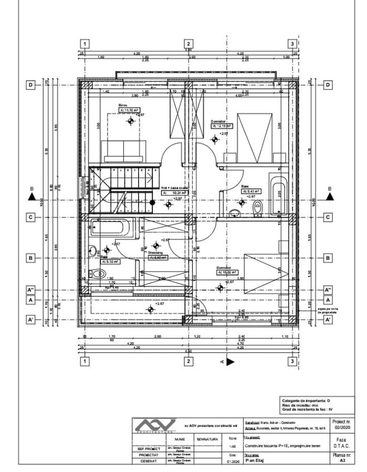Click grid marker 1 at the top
pos(85,44)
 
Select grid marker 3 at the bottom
pos(292,361)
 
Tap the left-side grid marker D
pos(31,84)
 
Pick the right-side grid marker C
pos(328,217)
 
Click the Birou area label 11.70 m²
pos(128,111)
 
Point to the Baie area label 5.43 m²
pos(251,192)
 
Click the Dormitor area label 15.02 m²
pos(227,272)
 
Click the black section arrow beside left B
pos(32,197)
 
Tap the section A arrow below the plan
pos(230,362)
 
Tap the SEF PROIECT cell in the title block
pos(149,448)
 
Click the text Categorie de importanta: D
pos(307,400)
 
